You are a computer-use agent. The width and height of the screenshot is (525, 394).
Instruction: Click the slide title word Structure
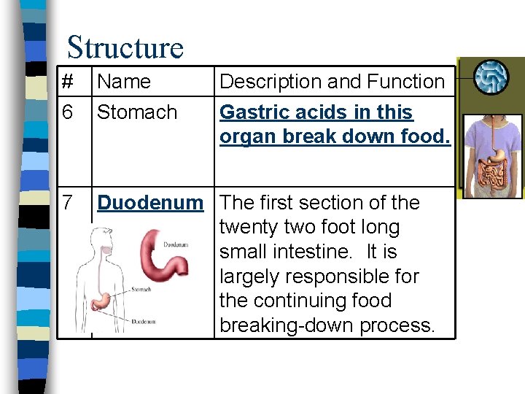pos(125,47)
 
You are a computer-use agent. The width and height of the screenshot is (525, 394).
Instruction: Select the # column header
pos(67,82)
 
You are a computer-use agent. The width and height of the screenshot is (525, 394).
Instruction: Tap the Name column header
pos(123,82)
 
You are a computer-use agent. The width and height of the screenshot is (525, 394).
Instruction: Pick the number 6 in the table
pos(67,112)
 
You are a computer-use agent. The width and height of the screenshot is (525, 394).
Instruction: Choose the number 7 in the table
pos(67,202)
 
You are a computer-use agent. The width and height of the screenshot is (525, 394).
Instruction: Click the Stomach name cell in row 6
pos(136,112)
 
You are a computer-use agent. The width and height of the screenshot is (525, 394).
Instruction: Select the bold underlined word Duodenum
pos(150,202)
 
